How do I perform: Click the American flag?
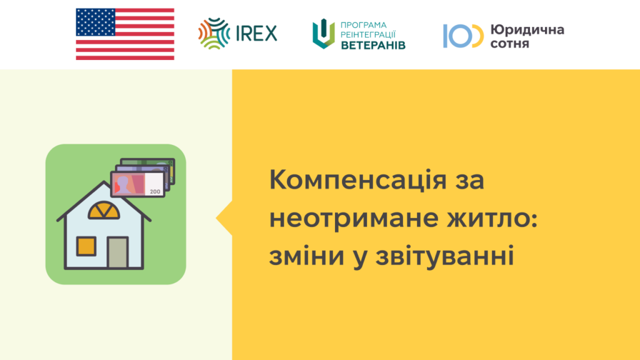click(125, 34)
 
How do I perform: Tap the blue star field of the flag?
click(96, 22)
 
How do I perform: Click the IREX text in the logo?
click(256, 34)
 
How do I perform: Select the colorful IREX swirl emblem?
click(214, 34)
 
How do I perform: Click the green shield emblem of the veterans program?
click(324, 34)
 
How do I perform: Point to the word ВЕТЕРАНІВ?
click(373, 45)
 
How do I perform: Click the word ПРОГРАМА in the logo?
click(363, 25)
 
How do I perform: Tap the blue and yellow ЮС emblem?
click(463, 36)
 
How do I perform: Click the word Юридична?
click(527, 30)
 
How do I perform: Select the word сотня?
click(510, 43)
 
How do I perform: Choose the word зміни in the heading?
click(306, 256)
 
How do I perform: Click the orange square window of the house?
click(86, 246)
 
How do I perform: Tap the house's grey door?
click(117, 252)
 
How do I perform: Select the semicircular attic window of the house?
click(104, 210)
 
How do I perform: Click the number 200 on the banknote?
click(155, 191)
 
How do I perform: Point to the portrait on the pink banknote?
click(122, 184)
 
